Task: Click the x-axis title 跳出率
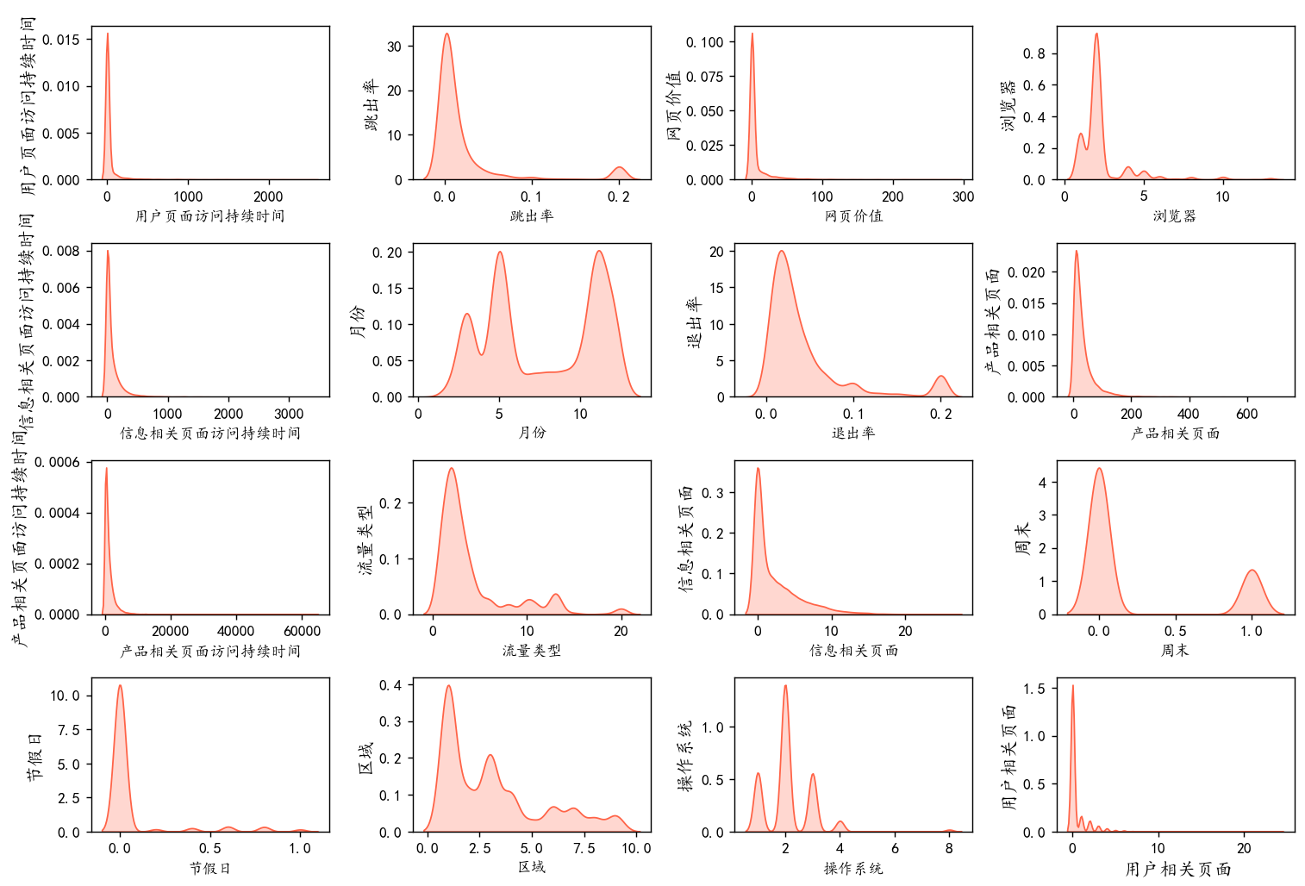[x=531, y=216]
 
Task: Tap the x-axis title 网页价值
[x=853, y=216]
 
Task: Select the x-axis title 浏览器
[x=1175, y=216]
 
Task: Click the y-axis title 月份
[x=357, y=321]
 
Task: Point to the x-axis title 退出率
[x=853, y=433]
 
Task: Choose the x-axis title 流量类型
[x=531, y=651]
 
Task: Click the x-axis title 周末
[x=1175, y=651]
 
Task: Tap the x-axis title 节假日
[x=209, y=868]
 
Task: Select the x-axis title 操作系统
[x=853, y=868]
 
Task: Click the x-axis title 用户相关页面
[x=1177, y=869]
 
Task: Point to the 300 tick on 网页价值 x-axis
[x=963, y=197]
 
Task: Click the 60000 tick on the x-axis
[x=302, y=631]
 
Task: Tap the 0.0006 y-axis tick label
[x=57, y=463]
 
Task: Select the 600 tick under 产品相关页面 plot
[x=1246, y=414]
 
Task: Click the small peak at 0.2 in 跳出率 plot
[x=619, y=167]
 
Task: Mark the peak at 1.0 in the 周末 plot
[x=1252, y=571]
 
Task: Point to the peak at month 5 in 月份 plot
[x=500, y=253]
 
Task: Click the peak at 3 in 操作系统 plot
[x=813, y=775]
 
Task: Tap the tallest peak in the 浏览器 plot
[x=1096, y=34]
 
